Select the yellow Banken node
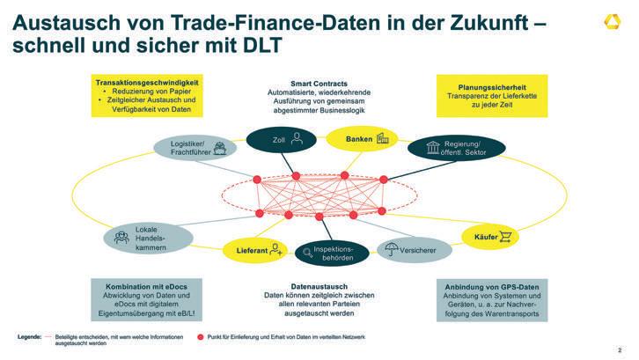coord(361,138)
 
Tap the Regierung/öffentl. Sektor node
coord(456,147)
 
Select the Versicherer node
coord(412,251)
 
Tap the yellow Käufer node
coord(490,236)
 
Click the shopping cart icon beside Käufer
coord(506,236)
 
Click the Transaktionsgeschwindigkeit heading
coord(147,83)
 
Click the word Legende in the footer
coord(29,337)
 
